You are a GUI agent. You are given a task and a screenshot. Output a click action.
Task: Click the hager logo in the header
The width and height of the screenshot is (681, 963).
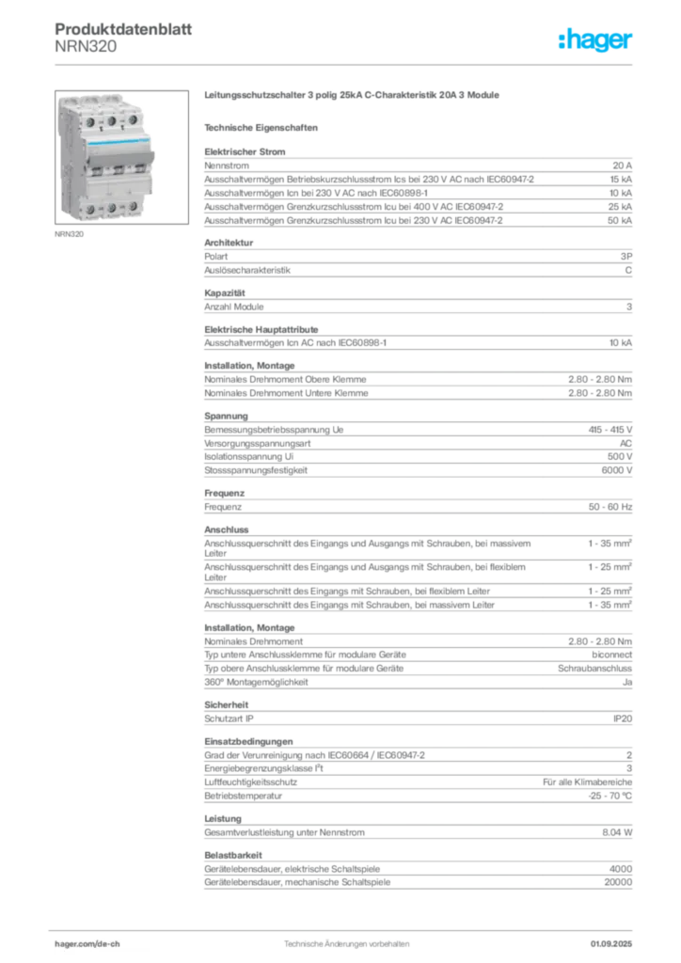(x=594, y=39)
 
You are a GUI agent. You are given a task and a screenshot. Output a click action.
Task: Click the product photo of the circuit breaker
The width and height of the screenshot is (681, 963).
(x=121, y=157)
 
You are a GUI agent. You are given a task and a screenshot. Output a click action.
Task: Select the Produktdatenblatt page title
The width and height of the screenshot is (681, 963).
(x=123, y=29)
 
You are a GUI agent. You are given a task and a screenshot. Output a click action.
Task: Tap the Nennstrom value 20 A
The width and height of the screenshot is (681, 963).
(x=622, y=166)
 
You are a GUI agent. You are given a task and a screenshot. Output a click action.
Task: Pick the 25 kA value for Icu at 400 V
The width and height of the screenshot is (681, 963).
(x=620, y=207)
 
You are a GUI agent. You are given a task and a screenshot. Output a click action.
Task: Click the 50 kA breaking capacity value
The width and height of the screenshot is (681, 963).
(x=620, y=220)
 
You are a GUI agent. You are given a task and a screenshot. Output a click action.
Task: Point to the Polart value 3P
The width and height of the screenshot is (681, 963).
(x=626, y=257)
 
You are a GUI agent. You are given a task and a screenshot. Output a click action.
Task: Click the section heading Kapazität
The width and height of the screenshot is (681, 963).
(x=225, y=293)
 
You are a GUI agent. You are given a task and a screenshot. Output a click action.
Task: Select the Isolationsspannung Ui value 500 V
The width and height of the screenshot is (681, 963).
(x=620, y=457)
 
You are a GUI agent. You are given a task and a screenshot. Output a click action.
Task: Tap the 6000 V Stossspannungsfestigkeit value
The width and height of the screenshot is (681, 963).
(x=616, y=470)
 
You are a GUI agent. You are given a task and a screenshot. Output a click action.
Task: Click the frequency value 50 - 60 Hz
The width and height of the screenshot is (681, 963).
(x=610, y=507)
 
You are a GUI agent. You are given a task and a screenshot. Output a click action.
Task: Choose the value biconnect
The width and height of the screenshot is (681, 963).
(x=611, y=655)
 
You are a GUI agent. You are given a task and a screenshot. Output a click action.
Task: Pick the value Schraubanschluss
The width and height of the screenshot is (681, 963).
(x=594, y=669)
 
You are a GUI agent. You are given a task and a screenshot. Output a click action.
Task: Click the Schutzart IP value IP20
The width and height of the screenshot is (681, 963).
(x=623, y=719)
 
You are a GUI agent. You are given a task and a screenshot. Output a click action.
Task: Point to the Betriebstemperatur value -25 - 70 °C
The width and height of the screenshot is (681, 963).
(x=610, y=797)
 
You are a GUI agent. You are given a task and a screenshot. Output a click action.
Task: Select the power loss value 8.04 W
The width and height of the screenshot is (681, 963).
(x=617, y=833)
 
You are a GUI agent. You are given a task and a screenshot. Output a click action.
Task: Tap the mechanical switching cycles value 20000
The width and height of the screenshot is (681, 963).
(x=618, y=882)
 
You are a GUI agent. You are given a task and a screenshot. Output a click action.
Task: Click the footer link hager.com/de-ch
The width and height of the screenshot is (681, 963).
(x=87, y=944)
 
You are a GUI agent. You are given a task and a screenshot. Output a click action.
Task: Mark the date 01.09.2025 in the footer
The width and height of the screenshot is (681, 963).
(x=611, y=944)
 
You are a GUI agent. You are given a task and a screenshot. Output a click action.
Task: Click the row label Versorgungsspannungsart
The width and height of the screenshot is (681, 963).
(x=258, y=444)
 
